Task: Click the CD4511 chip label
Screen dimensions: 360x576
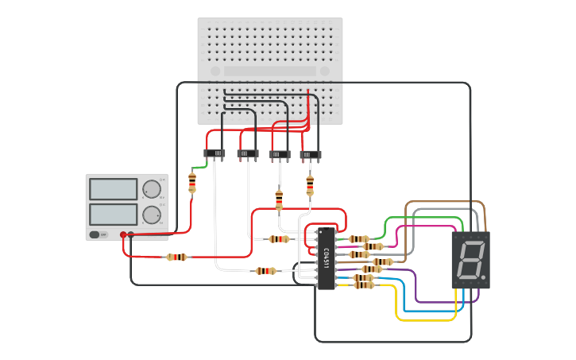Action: tap(326, 258)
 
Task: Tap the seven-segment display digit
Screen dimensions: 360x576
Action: tap(470, 260)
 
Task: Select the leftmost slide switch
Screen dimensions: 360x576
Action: tap(215, 153)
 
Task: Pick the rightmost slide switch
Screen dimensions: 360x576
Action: tap(311, 155)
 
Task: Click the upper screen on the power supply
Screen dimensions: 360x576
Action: tap(114, 189)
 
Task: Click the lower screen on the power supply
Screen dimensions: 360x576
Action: tap(114, 214)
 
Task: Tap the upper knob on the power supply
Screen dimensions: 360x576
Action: tap(151, 189)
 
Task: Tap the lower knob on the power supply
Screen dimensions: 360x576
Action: tap(151, 215)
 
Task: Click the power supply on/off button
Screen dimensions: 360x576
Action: tap(99, 234)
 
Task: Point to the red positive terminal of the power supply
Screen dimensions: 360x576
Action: tap(123, 234)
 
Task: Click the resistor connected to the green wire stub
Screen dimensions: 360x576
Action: tap(192, 182)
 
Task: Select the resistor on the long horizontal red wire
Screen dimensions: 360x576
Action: tap(176, 257)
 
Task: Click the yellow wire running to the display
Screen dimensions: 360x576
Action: tap(425, 319)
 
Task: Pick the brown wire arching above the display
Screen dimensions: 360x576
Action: tap(445, 203)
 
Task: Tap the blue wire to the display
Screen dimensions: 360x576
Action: tap(429, 311)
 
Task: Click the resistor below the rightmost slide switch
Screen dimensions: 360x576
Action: tap(310, 185)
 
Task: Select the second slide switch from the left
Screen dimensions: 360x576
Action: tap(248, 153)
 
